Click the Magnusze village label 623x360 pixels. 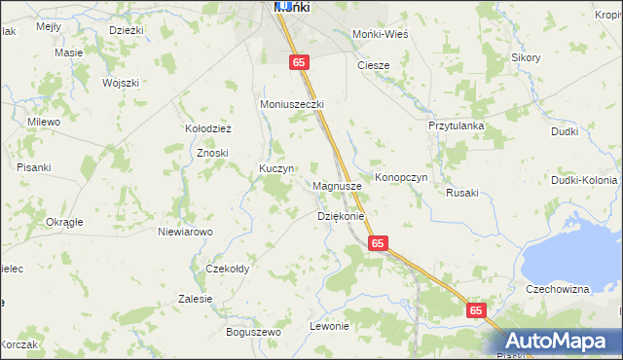[339, 185]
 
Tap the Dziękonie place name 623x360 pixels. [341, 216]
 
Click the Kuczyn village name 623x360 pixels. [276, 168]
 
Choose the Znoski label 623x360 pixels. [212, 153]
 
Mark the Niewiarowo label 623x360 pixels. [185, 232]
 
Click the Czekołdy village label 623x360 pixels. [228, 269]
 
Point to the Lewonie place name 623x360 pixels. [329, 326]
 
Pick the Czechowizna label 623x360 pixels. [558, 289]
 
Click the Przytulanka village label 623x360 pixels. [457, 126]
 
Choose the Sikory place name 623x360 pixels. [526, 57]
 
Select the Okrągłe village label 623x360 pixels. [64, 222]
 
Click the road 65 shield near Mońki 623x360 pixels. [300, 61]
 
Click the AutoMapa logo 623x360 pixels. [562, 341]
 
